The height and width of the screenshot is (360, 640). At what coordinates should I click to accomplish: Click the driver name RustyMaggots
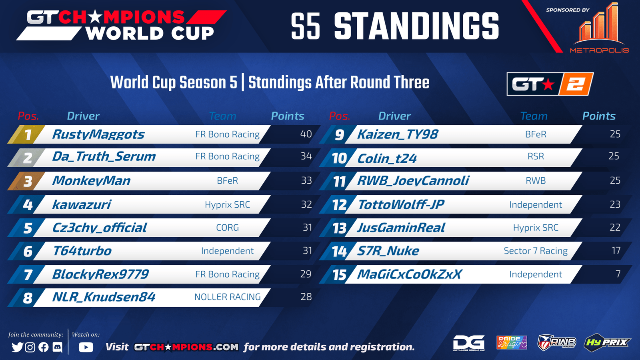(98, 134)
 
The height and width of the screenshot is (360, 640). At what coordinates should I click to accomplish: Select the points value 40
(306, 134)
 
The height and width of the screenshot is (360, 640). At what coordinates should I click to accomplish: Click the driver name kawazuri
(82, 204)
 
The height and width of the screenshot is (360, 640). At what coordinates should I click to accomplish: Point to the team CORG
(228, 228)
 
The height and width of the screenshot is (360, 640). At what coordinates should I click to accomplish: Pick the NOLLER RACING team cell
(228, 297)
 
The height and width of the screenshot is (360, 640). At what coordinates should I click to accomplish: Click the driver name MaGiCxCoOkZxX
(409, 274)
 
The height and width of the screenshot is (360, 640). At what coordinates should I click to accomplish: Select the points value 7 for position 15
(618, 274)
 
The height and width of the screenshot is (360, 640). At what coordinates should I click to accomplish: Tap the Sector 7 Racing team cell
(536, 251)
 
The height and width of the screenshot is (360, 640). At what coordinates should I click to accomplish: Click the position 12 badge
(339, 205)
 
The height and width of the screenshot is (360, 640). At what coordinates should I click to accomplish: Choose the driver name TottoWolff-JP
(401, 204)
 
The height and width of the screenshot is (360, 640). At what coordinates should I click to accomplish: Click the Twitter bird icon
(18, 347)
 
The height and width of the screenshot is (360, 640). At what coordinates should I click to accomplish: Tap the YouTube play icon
(86, 347)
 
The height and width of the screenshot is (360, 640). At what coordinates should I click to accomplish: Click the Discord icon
(58, 347)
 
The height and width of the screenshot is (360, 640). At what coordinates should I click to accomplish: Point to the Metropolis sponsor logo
(599, 28)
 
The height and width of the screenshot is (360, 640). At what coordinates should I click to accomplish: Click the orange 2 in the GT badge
(576, 84)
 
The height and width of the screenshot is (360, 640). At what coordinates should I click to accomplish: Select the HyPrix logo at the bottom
(607, 342)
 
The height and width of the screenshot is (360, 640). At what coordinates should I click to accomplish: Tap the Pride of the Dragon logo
(512, 342)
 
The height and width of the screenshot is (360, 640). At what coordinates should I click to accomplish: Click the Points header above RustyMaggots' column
(288, 116)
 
